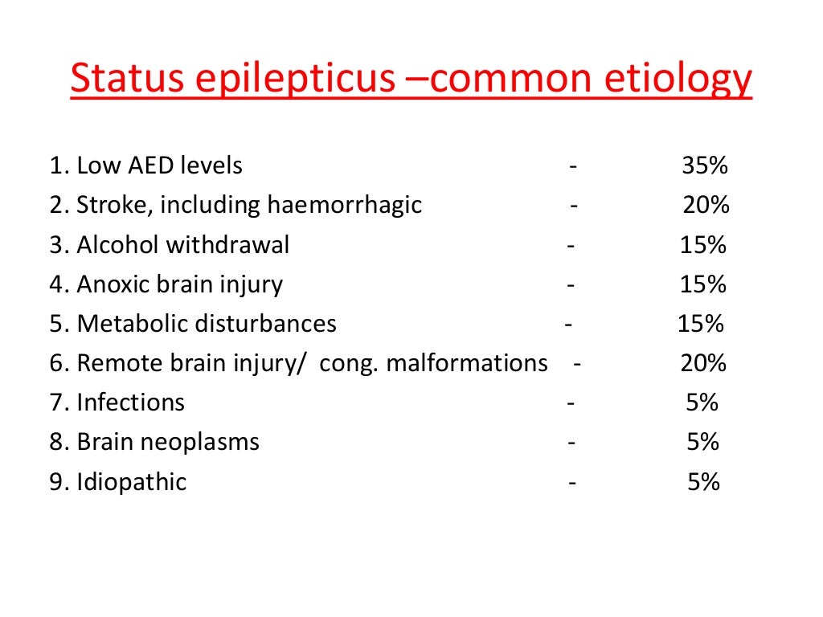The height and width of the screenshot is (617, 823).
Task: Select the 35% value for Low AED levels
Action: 705,166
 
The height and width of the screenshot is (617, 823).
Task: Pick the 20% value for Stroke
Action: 706,206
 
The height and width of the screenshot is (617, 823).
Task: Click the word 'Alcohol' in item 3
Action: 117,245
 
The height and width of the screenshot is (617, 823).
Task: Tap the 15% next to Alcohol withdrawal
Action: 703,245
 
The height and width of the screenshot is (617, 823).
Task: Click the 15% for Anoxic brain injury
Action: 703,284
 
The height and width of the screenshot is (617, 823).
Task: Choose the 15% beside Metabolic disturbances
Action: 701,324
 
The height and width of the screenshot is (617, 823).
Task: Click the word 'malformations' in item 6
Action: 467,363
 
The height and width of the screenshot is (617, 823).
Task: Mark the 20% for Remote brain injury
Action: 703,363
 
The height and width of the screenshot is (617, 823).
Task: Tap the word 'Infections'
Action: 130,402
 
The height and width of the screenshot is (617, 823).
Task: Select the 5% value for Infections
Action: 702,402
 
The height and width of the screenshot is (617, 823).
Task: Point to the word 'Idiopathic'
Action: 131,482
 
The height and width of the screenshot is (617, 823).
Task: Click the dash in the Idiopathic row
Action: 572,483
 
